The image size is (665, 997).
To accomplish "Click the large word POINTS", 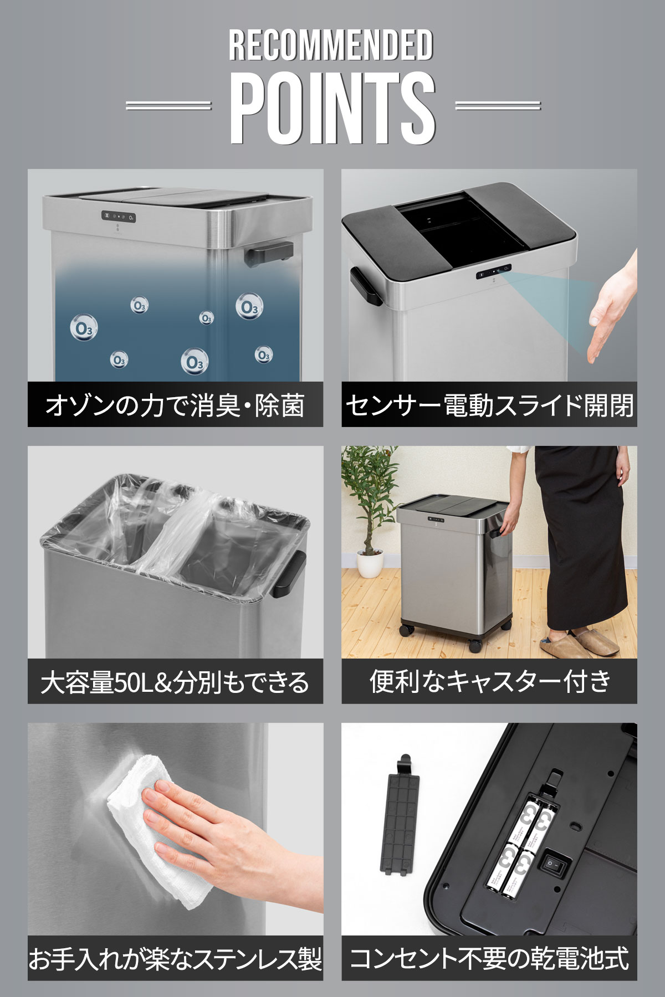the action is point(333,109).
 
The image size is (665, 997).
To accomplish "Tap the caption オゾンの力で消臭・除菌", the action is point(175,405).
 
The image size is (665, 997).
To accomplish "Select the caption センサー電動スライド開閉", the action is point(489,405).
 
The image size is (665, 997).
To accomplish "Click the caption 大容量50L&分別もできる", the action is point(175,682).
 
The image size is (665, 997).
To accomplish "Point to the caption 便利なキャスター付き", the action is point(489,682).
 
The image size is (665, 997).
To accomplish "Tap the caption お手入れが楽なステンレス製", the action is point(175,959).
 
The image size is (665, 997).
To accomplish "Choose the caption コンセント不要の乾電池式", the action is point(489,959).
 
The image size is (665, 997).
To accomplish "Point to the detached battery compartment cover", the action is point(399,814).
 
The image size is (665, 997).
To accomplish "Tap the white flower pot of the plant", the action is point(370,564).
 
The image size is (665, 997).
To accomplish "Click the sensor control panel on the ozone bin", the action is point(119,217).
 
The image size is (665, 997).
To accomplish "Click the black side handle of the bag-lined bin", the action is point(290,575).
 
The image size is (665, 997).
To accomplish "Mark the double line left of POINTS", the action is point(168,105).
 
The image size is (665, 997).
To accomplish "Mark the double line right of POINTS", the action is point(498,105).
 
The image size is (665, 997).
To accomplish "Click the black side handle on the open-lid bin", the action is point(365,286).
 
